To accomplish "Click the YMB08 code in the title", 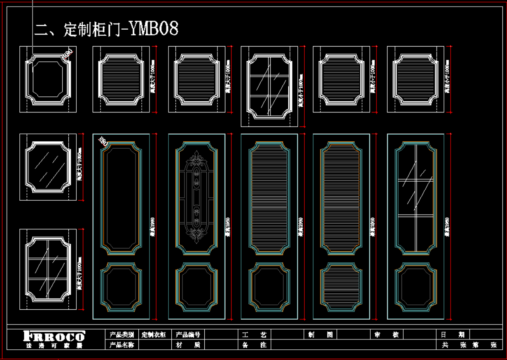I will [153, 29].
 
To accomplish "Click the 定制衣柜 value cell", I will [154, 334].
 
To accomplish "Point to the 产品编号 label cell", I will [188, 334].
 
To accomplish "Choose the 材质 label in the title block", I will [188, 345].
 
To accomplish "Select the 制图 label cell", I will [320, 334].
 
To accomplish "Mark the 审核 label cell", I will [387, 334].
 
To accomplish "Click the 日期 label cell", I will [452, 334].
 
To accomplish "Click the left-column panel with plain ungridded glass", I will [48, 167].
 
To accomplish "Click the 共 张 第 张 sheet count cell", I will [469, 345].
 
